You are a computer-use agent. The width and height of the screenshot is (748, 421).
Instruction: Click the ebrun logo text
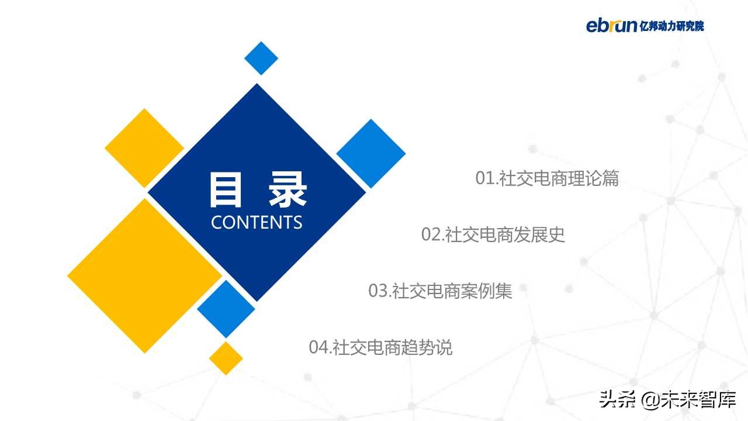coord(611,26)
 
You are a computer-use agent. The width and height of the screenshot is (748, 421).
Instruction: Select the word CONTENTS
coord(257,222)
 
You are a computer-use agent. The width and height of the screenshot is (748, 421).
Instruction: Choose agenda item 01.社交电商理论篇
coord(547,178)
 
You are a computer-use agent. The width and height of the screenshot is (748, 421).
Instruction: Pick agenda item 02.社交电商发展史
coord(493,235)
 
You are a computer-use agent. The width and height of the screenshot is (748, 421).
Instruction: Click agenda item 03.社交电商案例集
coord(440,291)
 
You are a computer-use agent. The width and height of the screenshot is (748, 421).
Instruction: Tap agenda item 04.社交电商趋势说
coord(380,347)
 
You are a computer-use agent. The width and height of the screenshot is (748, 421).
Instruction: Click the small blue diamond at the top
coord(261,58)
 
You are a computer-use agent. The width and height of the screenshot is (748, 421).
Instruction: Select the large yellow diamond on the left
coord(144,275)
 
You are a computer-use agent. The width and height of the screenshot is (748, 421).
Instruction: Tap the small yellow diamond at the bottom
coord(226,358)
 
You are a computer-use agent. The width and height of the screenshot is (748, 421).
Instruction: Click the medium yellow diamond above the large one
coord(144,148)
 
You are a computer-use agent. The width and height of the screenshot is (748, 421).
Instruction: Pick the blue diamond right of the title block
coord(371,154)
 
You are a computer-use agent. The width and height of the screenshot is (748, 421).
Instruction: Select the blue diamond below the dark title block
coord(226,309)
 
